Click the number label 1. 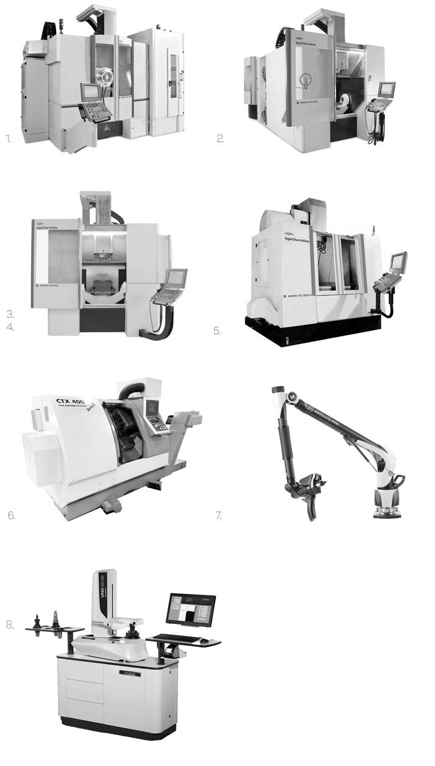click(x=9, y=138)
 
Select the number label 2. click(x=220, y=138)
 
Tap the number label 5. click(x=217, y=331)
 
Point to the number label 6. click(x=11, y=515)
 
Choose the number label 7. click(x=218, y=515)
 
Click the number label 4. click(x=10, y=328)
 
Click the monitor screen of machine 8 click(x=190, y=609)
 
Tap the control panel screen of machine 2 click(x=386, y=90)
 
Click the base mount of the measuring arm click(x=387, y=510)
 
